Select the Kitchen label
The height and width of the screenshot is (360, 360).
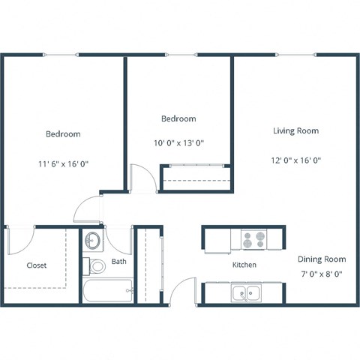click(x=244, y=265)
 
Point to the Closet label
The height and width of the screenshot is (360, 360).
click(x=37, y=265)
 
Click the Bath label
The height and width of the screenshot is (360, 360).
click(x=119, y=262)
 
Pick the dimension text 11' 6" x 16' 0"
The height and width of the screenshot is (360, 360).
click(x=63, y=162)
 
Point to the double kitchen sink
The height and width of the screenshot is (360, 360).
click(x=246, y=293)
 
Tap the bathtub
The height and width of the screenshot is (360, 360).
click(x=108, y=291)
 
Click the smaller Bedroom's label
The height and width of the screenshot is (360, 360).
click(x=178, y=118)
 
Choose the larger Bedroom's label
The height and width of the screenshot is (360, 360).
click(x=63, y=133)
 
